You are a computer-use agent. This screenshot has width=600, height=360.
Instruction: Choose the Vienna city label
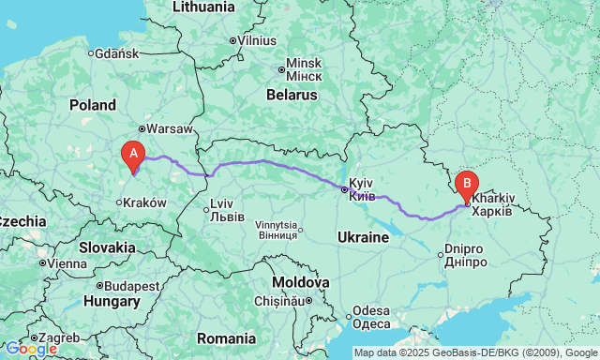click(x=67, y=263)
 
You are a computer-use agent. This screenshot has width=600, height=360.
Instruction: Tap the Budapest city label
click(x=132, y=285)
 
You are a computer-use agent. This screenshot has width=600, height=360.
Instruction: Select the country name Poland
click(x=92, y=105)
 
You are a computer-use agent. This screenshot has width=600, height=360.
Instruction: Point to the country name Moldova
click(x=301, y=282)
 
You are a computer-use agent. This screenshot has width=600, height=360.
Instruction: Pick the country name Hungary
click(x=111, y=302)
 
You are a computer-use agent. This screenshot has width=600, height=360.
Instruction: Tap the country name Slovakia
click(x=107, y=247)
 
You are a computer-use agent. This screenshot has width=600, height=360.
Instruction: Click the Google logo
click(x=30, y=349)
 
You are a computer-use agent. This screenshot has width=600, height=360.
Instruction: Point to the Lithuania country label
click(x=203, y=7)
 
